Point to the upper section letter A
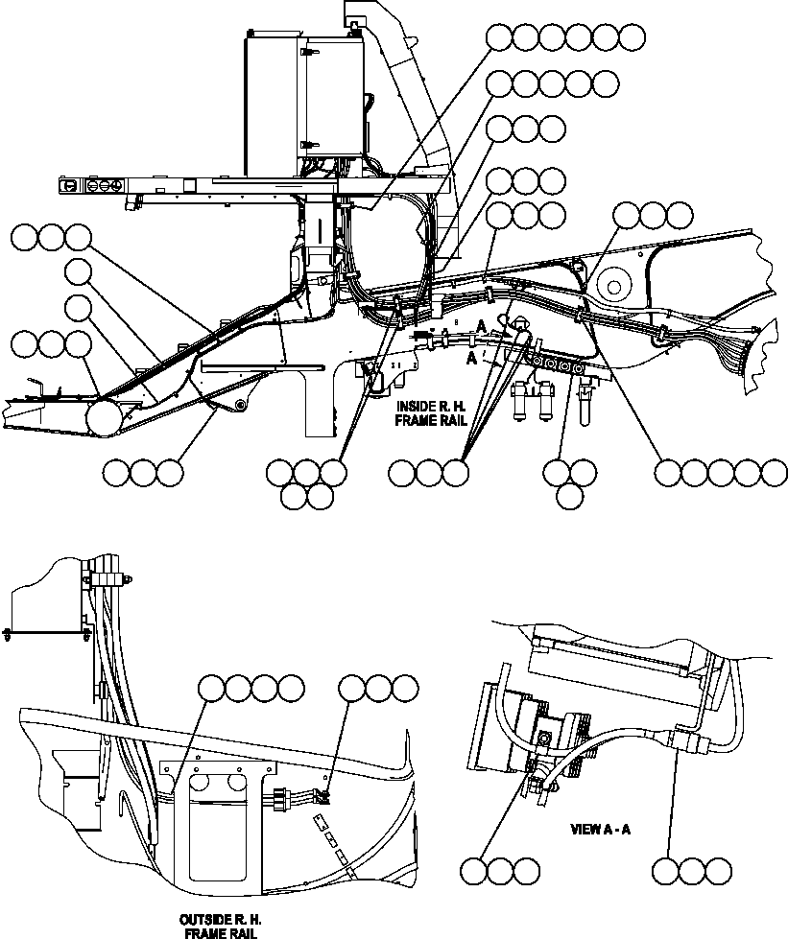(x=479, y=327)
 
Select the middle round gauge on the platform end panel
(x=97, y=185)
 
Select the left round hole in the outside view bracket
(x=200, y=784)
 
